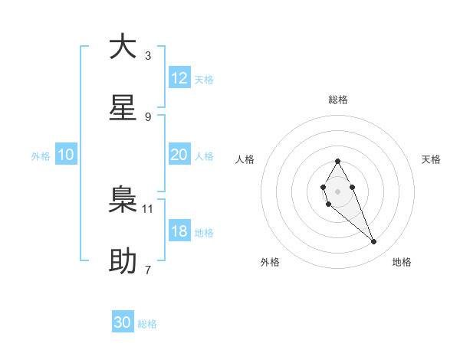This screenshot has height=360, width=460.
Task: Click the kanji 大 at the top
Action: tap(123, 47)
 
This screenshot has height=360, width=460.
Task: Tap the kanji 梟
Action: tap(123, 200)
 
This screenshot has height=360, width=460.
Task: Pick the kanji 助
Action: tap(123, 261)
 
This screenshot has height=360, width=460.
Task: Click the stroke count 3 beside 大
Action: tap(148, 55)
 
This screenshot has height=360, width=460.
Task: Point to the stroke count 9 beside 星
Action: tap(148, 116)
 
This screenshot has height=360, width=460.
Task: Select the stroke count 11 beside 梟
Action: tap(148, 208)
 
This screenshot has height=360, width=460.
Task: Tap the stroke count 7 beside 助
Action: tap(148, 270)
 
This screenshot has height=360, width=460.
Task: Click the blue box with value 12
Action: tap(179, 78)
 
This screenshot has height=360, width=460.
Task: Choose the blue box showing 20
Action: tap(179, 155)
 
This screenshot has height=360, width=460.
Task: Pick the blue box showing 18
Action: tap(179, 231)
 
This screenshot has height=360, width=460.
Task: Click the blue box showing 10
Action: tap(66, 155)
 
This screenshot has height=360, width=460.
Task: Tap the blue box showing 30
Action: tap(123, 322)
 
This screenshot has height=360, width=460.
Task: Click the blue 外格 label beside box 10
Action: tap(41, 156)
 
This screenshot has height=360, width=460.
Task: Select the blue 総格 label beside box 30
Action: tap(147, 324)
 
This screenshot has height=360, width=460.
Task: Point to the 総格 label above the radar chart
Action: tap(338, 100)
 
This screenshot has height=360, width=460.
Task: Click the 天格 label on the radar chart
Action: tap(432, 159)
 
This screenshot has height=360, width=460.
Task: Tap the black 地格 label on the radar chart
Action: tap(402, 262)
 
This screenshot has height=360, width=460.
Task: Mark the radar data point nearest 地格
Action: tap(374, 242)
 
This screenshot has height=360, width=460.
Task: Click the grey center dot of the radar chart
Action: tap(337, 190)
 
